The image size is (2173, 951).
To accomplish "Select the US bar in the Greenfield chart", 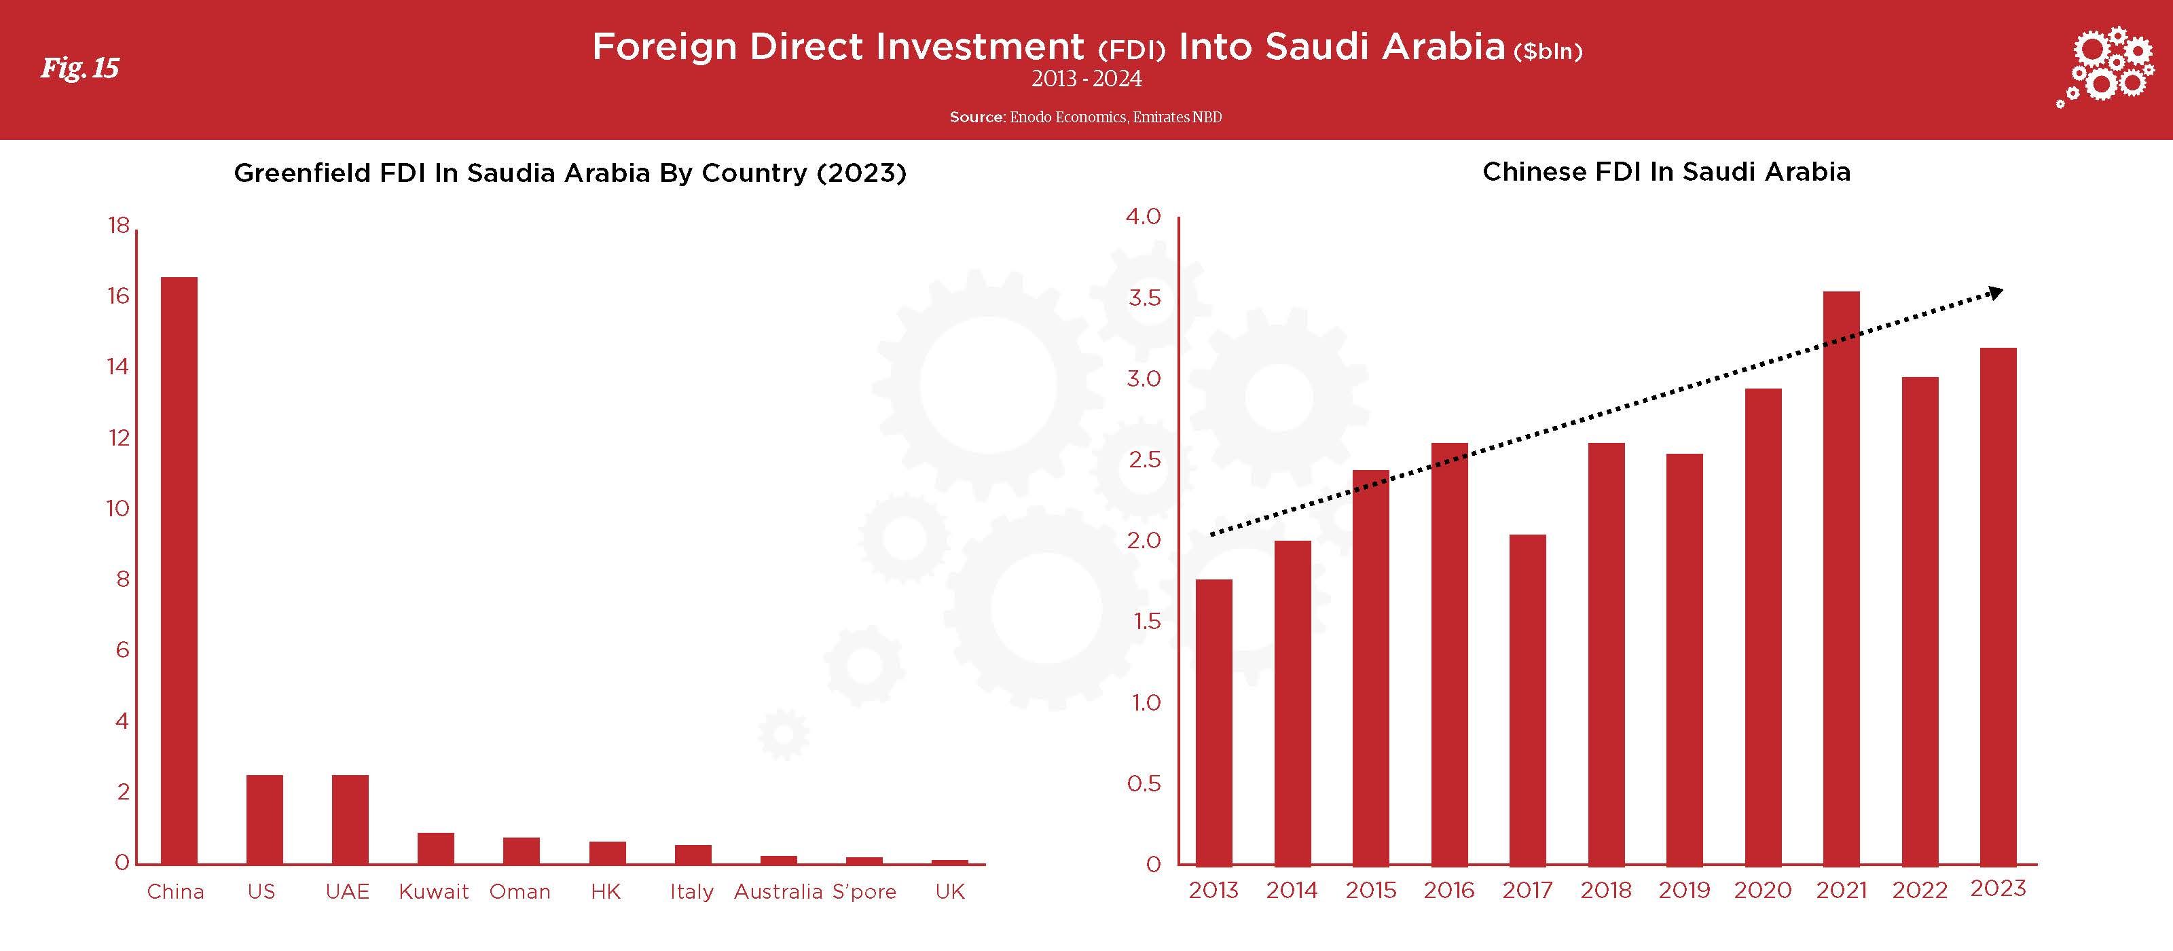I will click(x=265, y=819).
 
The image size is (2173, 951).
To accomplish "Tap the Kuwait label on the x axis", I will click(x=434, y=892).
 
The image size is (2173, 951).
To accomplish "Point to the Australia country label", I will click(x=778, y=892).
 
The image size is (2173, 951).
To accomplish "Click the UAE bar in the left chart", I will click(x=350, y=819).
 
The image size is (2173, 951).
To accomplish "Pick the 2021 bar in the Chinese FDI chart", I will click(x=1841, y=578).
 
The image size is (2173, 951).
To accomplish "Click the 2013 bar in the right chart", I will click(x=1214, y=721).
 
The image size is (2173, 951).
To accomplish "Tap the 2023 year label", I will click(x=1998, y=889).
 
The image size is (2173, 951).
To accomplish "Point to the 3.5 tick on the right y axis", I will click(x=1144, y=298).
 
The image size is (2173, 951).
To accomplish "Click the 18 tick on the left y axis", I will click(x=119, y=226).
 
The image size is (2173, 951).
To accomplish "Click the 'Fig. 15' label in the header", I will click(x=80, y=67).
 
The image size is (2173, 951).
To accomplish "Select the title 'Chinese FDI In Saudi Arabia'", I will click(x=1666, y=172).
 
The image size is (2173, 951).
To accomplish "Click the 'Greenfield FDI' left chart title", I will click(x=570, y=173).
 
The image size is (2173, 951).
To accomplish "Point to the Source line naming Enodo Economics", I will click(x=1086, y=118).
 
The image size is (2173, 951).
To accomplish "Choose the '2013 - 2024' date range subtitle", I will click(x=1086, y=79).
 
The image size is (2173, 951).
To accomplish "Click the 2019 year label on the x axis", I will click(x=1684, y=891).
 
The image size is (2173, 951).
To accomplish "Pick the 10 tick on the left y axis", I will click(x=118, y=508).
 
